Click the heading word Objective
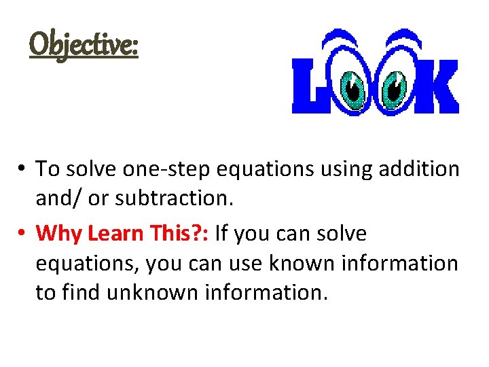point(84,46)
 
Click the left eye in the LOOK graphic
point(353,87)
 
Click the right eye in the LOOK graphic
point(395,87)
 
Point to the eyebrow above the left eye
point(352,41)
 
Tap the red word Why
point(56,234)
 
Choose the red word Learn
point(106,234)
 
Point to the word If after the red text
point(222,234)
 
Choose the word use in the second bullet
point(229,263)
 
